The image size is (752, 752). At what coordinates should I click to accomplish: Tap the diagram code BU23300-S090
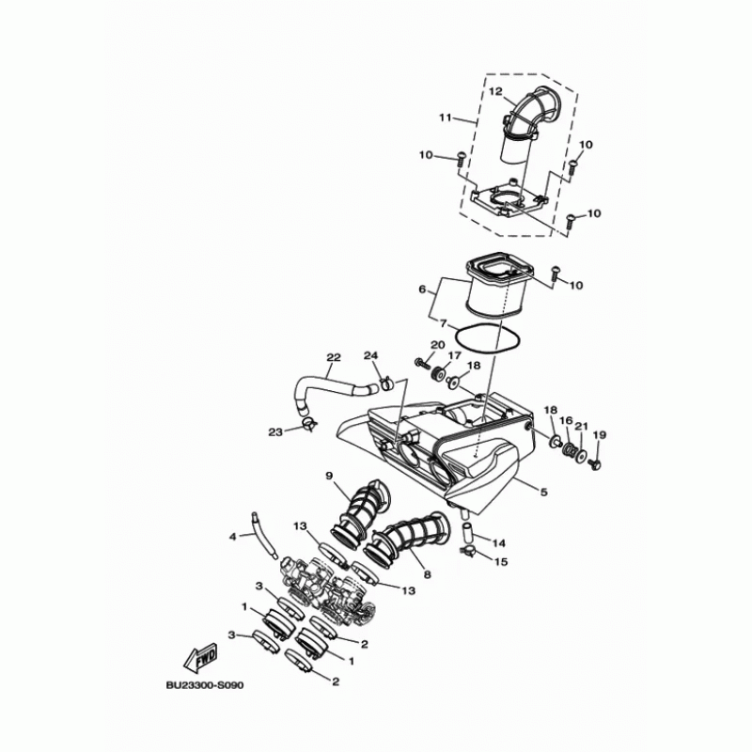point(204,685)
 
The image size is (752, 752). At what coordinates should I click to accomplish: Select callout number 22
point(333,357)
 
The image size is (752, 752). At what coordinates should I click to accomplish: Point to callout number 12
point(495,91)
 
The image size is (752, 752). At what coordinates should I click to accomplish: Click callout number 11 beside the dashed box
point(445,118)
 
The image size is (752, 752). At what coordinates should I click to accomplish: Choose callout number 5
point(542,490)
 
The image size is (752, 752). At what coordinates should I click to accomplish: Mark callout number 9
point(330,476)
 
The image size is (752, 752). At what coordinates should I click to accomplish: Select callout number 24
point(370,355)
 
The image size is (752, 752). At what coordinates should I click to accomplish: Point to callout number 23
point(274,432)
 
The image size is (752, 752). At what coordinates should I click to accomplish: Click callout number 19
point(600,434)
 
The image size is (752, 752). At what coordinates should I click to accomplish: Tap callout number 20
point(437,345)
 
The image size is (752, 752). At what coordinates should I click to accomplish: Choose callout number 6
point(423,290)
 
